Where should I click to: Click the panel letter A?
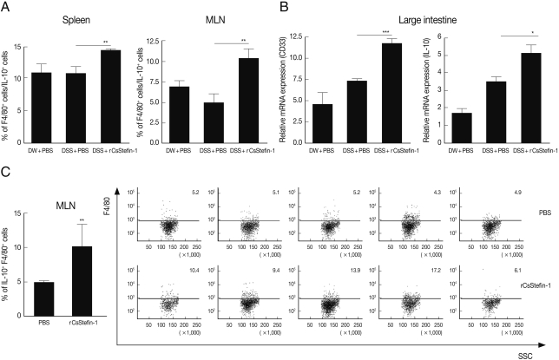pos(7,8)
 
